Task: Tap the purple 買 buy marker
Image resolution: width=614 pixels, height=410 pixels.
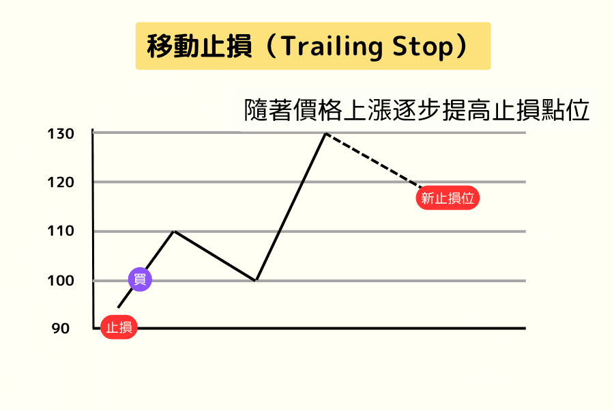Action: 141,279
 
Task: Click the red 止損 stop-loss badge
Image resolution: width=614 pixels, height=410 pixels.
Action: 119,327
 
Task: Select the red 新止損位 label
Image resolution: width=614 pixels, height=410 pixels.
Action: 448,199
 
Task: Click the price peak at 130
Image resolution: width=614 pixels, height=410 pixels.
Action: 326,133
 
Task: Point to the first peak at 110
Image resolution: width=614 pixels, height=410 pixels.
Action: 175,232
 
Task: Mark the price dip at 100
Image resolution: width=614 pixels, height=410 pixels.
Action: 255,280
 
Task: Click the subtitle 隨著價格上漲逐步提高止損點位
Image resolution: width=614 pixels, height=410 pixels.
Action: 416,110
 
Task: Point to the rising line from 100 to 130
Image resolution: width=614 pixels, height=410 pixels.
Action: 291,206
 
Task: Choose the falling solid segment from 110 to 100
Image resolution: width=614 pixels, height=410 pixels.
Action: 215,256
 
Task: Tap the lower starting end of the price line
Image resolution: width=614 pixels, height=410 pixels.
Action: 119,307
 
